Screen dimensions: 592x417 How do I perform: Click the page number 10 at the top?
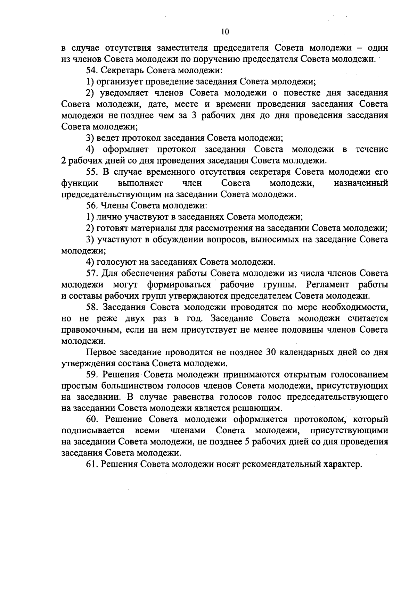coord(225,32)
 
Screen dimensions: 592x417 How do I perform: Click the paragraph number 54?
coord(92,71)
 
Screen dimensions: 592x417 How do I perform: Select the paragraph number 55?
coord(92,172)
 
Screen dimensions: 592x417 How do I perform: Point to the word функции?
coord(79,183)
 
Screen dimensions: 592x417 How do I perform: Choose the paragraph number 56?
coord(92,206)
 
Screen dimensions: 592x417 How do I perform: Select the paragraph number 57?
coord(92,274)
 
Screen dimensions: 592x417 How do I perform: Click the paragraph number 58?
coord(92,307)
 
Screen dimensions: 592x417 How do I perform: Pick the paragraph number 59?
coord(92,375)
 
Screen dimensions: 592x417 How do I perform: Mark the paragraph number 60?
coord(92,420)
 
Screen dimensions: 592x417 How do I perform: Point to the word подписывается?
coord(93,431)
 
